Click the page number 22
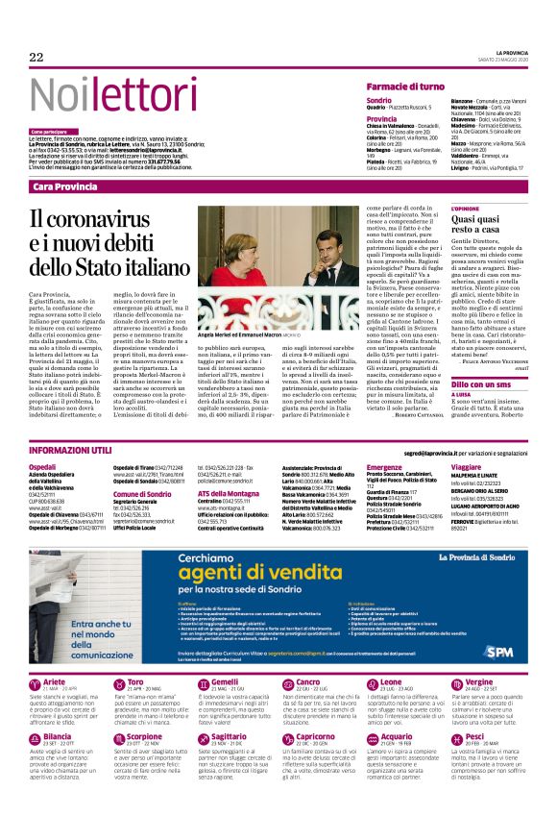(x=36, y=58)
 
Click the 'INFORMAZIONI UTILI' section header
(x=69, y=450)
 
